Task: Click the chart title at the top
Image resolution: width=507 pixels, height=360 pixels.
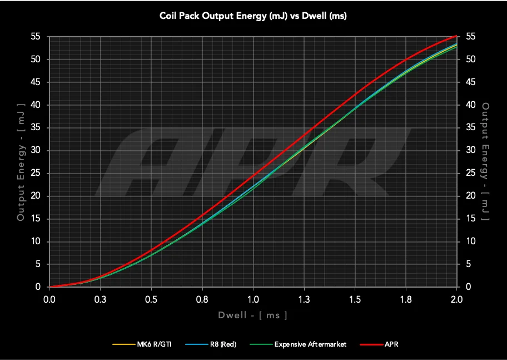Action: (x=253, y=16)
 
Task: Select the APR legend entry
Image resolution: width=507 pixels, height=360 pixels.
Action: (x=391, y=344)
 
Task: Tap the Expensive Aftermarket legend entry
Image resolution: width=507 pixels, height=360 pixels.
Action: (x=310, y=344)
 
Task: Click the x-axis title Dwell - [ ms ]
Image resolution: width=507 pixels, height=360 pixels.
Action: (x=253, y=315)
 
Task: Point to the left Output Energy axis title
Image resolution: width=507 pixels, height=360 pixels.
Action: (x=21, y=161)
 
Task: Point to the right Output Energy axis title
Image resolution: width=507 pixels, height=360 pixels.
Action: (x=485, y=161)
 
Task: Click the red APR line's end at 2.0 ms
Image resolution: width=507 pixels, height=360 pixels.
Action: (x=456, y=37)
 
